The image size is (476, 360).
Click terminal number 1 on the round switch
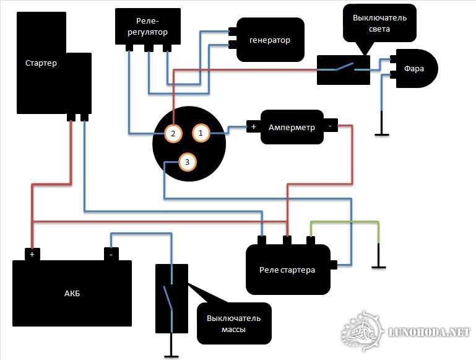click(x=201, y=132)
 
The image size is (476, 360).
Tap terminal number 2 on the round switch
click(x=173, y=133)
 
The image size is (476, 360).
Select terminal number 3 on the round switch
click(x=188, y=162)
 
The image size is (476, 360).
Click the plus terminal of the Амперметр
click(x=253, y=127)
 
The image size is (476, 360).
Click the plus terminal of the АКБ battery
click(x=32, y=253)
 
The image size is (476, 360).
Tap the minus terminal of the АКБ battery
click(x=110, y=253)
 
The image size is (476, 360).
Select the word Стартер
click(x=41, y=63)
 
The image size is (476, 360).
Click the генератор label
click(x=269, y=40)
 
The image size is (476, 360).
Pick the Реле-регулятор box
click(x=148, y=26)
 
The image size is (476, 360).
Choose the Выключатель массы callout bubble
click(x=234, y=323)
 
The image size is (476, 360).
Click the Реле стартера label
click(x=287, y=270)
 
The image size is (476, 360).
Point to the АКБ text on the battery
click(x=71, y=293)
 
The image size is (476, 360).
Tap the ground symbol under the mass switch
click(x=171, y=356)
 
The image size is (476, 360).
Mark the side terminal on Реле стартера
click(x=334, y=265)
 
